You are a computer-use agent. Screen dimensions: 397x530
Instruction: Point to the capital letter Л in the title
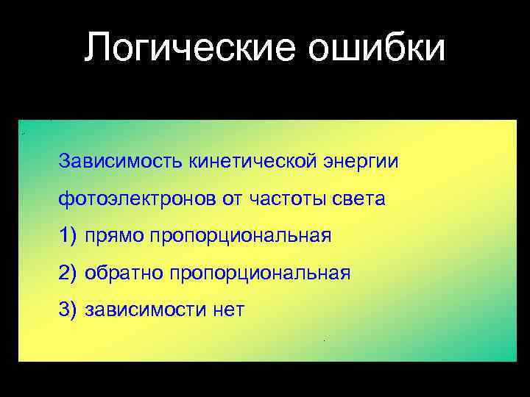tap(96, 49)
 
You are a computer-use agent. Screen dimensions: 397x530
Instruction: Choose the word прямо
tap(114, 237)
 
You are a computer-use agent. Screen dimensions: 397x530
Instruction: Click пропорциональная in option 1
tap(240, 237)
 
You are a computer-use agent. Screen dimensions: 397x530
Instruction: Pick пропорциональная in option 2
tap(259, 274)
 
